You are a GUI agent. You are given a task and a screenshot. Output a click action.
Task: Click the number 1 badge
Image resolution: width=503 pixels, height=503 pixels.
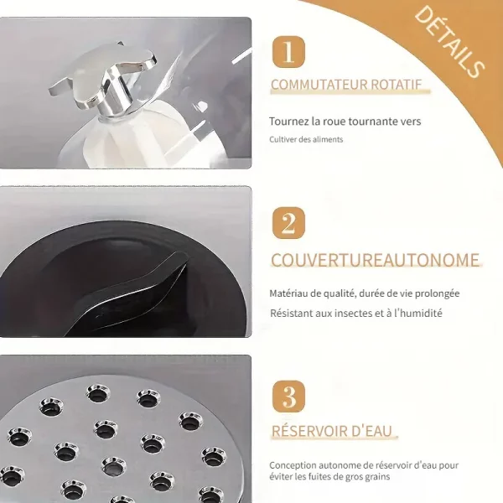tap(288, 52)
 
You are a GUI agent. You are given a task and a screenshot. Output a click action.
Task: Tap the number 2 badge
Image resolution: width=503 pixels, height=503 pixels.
tap(288, 223)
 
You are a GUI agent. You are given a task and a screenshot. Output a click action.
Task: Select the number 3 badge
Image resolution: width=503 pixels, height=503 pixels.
tap(288, 397)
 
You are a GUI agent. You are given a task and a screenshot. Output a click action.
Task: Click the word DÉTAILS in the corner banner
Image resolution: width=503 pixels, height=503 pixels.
tap(449, 43)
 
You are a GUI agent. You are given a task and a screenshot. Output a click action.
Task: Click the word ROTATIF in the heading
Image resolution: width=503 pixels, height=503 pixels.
tap(397, 85)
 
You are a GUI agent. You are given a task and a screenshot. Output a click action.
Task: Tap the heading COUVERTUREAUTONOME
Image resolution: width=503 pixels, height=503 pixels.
tap(375, 260)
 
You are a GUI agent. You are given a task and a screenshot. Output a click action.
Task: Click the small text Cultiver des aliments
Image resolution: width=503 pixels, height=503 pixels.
tap(306, 139)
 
